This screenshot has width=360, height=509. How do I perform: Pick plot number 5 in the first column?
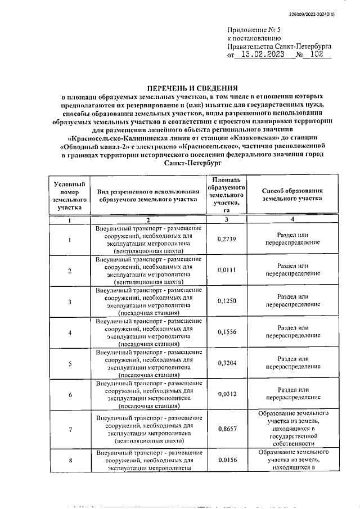click(70, 363)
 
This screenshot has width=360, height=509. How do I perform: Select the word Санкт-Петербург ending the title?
click(191, 161)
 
